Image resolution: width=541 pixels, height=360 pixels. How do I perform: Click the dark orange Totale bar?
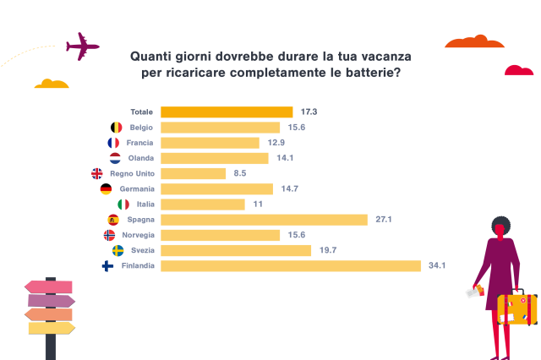point(227,112)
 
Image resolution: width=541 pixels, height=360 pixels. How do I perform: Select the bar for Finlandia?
point(290,265)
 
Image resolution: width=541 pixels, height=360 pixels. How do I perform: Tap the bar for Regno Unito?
point(193,173)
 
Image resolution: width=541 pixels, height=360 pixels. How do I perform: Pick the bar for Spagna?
point(264,220)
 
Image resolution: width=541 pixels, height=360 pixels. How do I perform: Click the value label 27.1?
point(383,220)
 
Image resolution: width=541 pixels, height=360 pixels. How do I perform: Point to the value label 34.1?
point(437,265)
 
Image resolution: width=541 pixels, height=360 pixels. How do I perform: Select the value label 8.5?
point(240,173)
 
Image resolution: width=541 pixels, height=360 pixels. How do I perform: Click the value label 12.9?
point(274,143)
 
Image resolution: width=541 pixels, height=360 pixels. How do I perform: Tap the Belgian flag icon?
point(117,128)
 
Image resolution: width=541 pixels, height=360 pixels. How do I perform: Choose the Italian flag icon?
point(123,205)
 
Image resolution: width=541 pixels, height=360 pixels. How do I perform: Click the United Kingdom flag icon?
point(96,173)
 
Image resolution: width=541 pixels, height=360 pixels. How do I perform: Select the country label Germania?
point(137,189)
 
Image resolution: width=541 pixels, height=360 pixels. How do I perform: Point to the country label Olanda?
point(142,158)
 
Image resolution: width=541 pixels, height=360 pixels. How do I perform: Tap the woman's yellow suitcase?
point(516,309)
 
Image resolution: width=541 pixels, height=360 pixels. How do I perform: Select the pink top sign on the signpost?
point(49,286)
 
